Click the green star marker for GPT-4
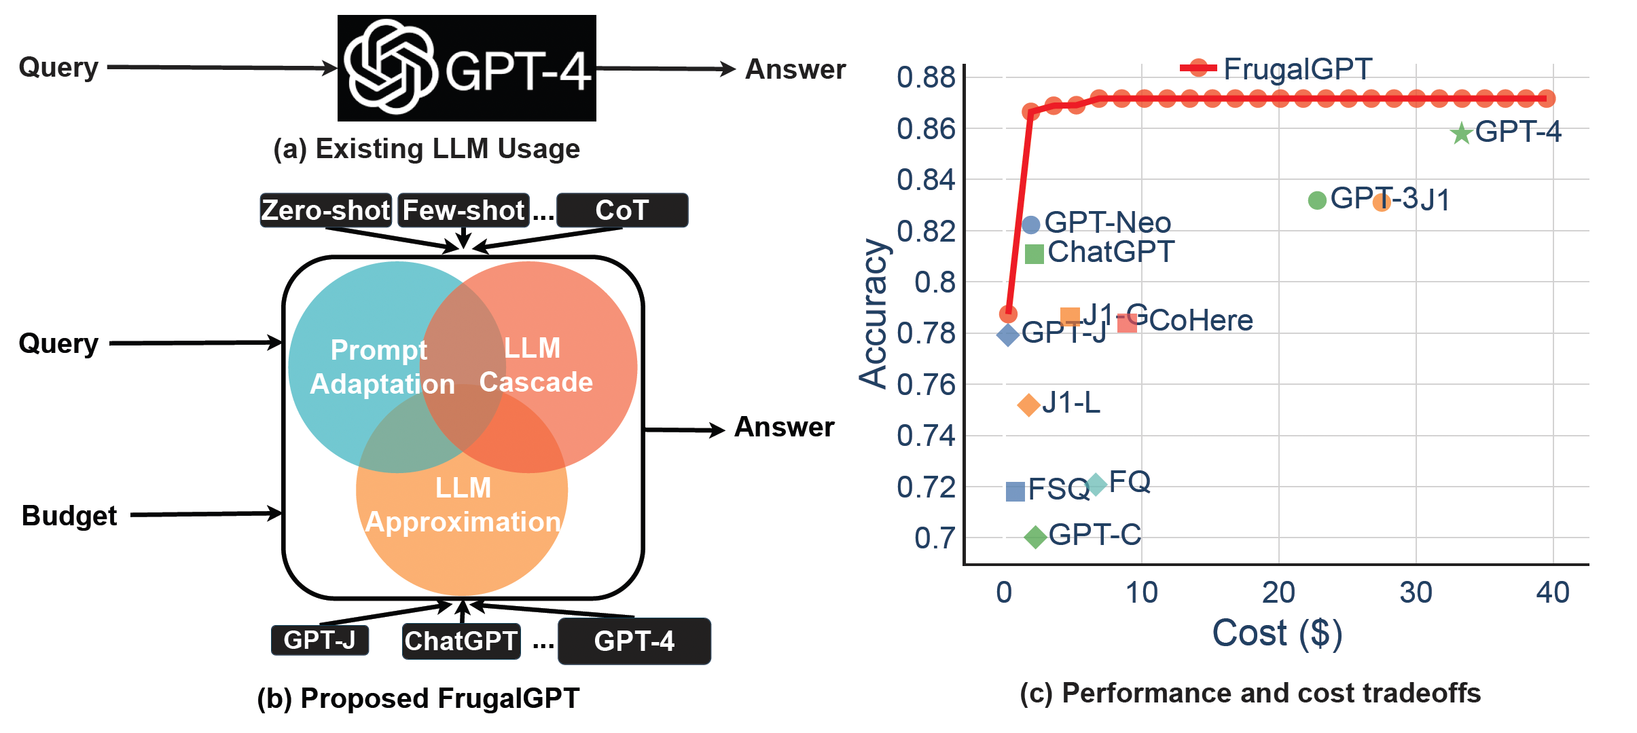pos(1460,133)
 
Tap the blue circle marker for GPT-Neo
pos(1030,225)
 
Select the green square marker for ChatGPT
pos(1034,254)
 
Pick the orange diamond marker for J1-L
pos(1028,405)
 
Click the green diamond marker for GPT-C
pos(1035,537)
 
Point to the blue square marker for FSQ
pos(1015,491)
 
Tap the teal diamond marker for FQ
pos(1096,485)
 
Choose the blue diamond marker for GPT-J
pos(1007,334)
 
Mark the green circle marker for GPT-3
pos(1317,200)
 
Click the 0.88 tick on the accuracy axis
pos(926,77)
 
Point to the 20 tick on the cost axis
pos(1278,593)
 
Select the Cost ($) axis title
pos(1277,633)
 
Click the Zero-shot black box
pos(326,210)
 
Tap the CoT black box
pos(622,210)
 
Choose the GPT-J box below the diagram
pos(320,640)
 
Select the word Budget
pos(69,516)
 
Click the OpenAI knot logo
pos(390,67)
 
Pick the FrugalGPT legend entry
pos(1277,69)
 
